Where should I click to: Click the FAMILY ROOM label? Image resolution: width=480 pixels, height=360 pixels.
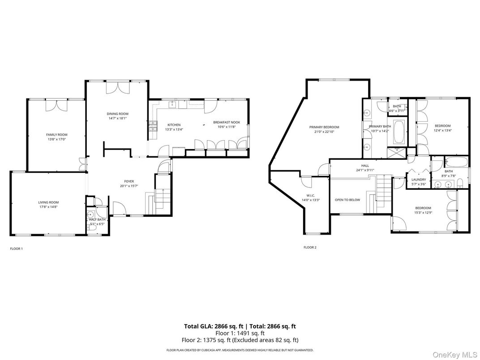click(x=56, y=134)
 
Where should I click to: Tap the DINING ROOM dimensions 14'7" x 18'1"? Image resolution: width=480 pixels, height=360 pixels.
click(x=117, y=119)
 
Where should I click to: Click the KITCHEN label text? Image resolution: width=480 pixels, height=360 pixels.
click(x=161, y=124)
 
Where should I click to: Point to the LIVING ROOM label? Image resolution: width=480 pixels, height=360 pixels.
click(x=48, y=202)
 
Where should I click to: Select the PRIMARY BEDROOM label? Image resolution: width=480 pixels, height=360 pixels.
click(x=324, y=127)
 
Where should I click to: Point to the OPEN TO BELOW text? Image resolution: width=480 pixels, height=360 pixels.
click(x=347, y=200)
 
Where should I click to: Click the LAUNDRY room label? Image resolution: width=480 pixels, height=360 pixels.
click(x=419, y=180)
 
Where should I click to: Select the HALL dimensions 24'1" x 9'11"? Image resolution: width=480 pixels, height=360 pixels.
click(x=365, y=170)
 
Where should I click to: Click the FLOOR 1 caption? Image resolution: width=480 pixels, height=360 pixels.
click(x=16, y=249)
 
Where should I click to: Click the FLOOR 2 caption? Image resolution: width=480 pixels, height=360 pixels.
click(x=310, y=247)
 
